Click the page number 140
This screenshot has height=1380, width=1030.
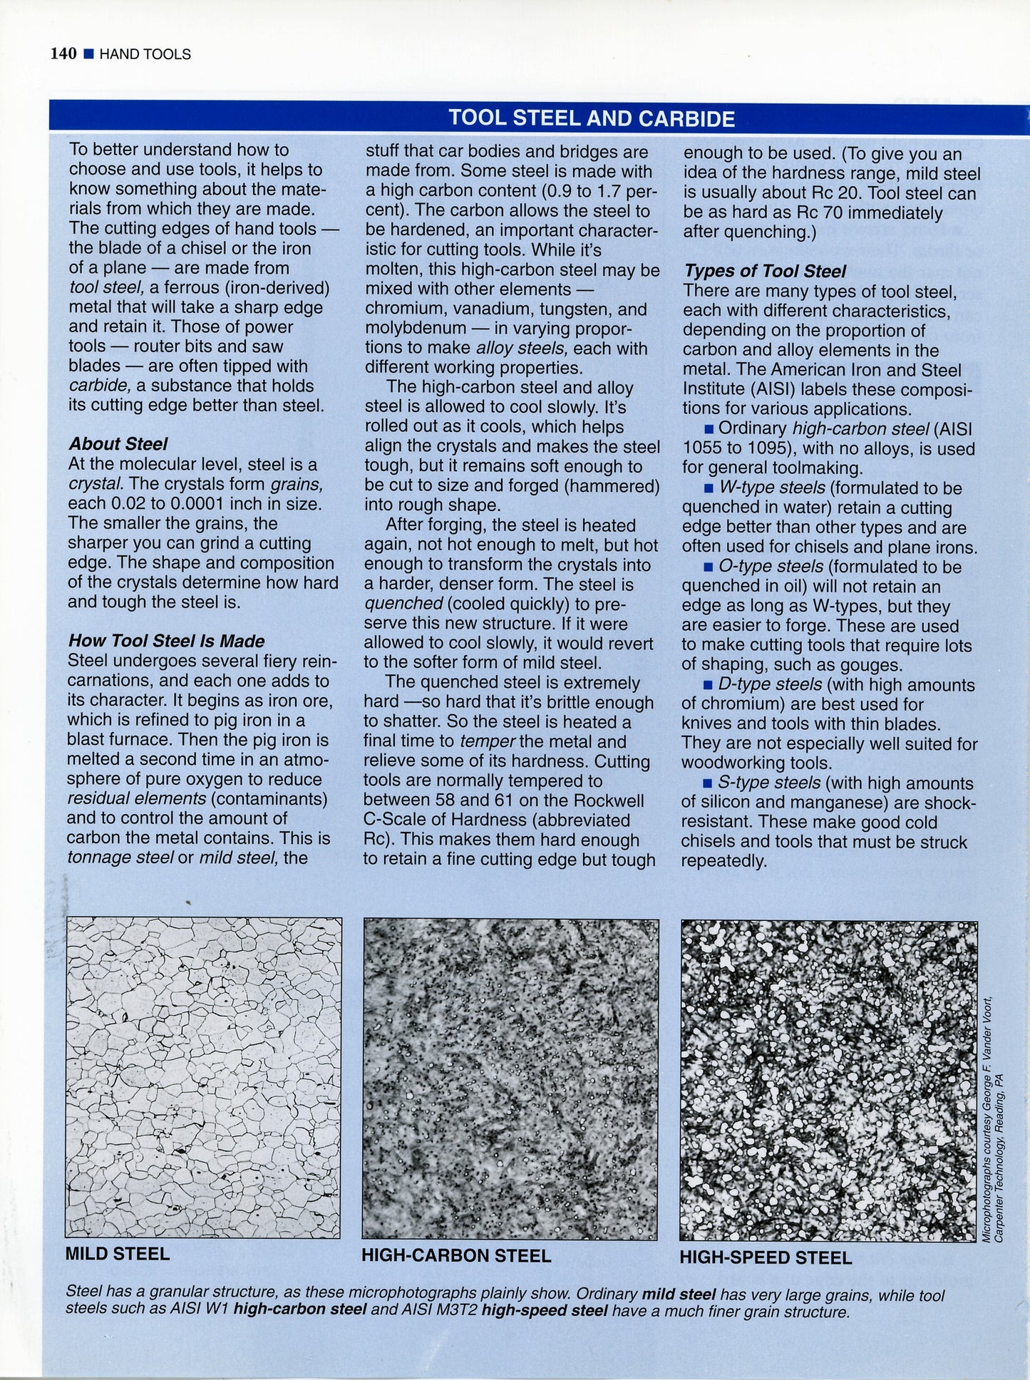pos(63,54)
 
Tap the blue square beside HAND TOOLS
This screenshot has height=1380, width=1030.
pos(88,54)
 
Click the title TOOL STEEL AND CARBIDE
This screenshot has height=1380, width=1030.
pos(591,118)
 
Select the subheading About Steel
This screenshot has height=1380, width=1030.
pos(118,444)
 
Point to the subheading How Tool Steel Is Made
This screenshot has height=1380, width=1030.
pos(166,641)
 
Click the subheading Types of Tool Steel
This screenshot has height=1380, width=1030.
pos(764,271)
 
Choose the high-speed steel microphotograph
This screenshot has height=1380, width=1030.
pos(828,1081)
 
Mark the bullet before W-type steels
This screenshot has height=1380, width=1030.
pos(708,488)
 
